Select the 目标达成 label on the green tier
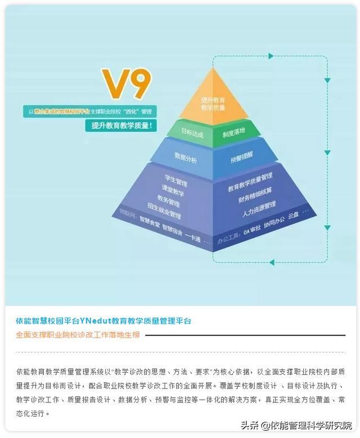[x=191, y=134]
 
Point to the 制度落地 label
[x=233, y=132]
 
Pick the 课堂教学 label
[x=173, y=192]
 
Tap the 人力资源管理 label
[x=259, y=209]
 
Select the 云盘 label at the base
[x=293, y=215]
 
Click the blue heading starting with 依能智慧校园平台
[x=103, y=321]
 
